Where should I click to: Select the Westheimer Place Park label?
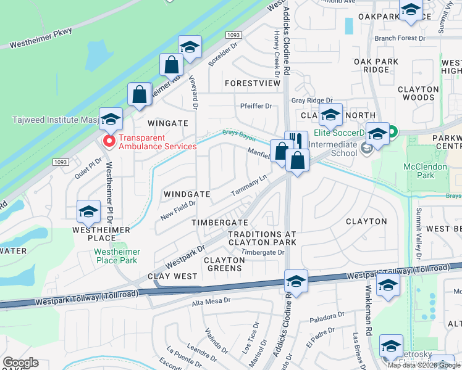pyautogui.click(x=117, y=256)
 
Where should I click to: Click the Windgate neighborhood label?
pyautogui.click(x=187, y=194)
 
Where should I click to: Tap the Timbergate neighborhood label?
pyautogui.click(x=219, y=222)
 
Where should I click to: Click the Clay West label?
pyautogui.click(x=172, y=276)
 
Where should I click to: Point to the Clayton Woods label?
pyautogui.click(x=418, y=93)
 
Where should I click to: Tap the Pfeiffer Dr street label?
pyautogui.click(x=256, y=106)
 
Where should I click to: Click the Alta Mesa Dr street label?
pyautogui.click(x=211, y=301)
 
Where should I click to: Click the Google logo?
pyautogui.click(x=20, y=363)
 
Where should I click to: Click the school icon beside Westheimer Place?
pyautogui.click(x=88, y=212)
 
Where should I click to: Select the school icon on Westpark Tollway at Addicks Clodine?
pyautogui.click(x=296, y=281)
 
